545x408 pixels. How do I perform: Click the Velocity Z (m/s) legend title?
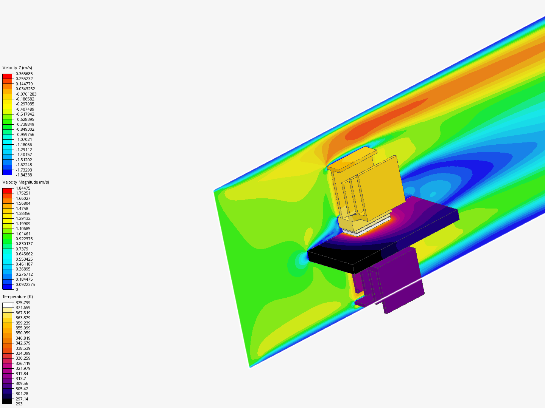pyautogui.click(x=17, y=68)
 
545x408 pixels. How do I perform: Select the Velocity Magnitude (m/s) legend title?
pyautogui.click(x=26, y=182)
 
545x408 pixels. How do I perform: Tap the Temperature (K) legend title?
pyautogui.click(x=17, y=297)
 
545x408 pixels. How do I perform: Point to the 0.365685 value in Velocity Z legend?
pyautogui.click(x=24, y=74)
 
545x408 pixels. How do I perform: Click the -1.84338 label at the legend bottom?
pyautogui.click(x=24, y=175)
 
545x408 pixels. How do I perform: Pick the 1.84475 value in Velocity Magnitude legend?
pyautogui.click(x=23, y=188)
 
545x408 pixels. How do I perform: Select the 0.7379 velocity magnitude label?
pyautogui.click(x=22, y=249)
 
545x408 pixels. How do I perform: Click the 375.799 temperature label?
pyautogui.click(x=23, y=303)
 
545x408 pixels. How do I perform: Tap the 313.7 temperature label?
pyautogui.click(x=21, y=379)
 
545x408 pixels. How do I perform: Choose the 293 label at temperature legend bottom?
pyautogui.click(x=19, y=404)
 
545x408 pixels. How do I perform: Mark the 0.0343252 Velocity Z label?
pyautogui.click(x=25, y=89)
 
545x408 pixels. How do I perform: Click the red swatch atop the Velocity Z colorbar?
pyautogui.click(x=8, y=76)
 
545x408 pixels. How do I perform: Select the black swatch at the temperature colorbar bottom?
pyautogui.click(x=8, y=401)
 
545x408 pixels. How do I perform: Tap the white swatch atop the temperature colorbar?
pyautogui.click(x=8, y=305)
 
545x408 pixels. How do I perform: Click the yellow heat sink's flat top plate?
pyautogui.click(x=352, y=159)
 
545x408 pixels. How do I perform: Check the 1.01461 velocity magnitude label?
pyautogui.click(x=23, y=234)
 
